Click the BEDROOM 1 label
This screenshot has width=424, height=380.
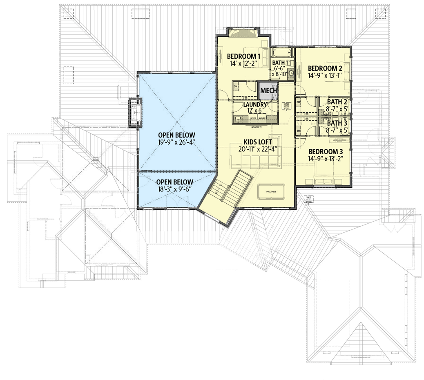pos(243,56)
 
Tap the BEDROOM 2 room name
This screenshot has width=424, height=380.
pos(325,68)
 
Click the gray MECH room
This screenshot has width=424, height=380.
pos(268,90)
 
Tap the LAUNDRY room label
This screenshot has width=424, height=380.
pos(255,105)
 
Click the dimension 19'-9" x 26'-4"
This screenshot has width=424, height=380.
pos(177,143)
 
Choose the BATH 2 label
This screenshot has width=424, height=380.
pos(337,102)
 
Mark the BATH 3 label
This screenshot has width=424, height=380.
pos(337,123)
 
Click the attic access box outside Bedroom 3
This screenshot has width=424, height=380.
pos(308,199)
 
